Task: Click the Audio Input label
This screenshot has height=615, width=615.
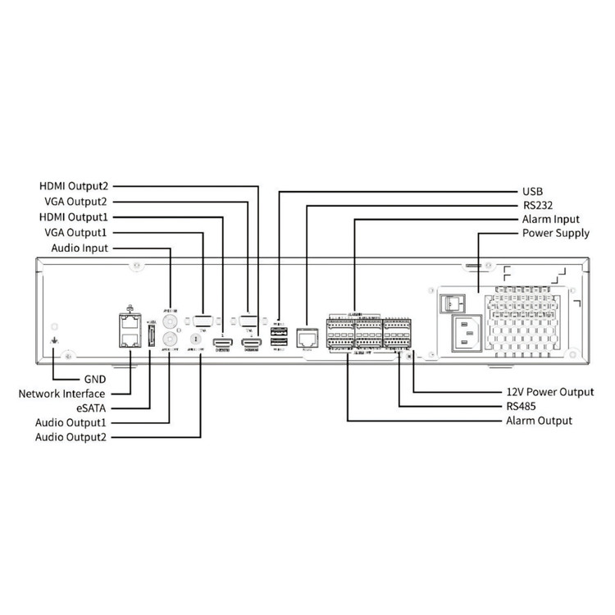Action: coord(79,248)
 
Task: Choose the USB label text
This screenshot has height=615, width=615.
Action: coord(533,190)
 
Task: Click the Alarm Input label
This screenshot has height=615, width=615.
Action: coord(551,220)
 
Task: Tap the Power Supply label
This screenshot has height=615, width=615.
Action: coord(556,235)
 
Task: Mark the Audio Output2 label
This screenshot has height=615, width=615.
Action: coord(71,438)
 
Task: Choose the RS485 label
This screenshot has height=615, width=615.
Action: coord(522,407)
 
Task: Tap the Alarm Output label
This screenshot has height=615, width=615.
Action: coord(539,421)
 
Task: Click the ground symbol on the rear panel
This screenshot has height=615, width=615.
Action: coord(54,343)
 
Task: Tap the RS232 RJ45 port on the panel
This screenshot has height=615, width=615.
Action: coord(307,336)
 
